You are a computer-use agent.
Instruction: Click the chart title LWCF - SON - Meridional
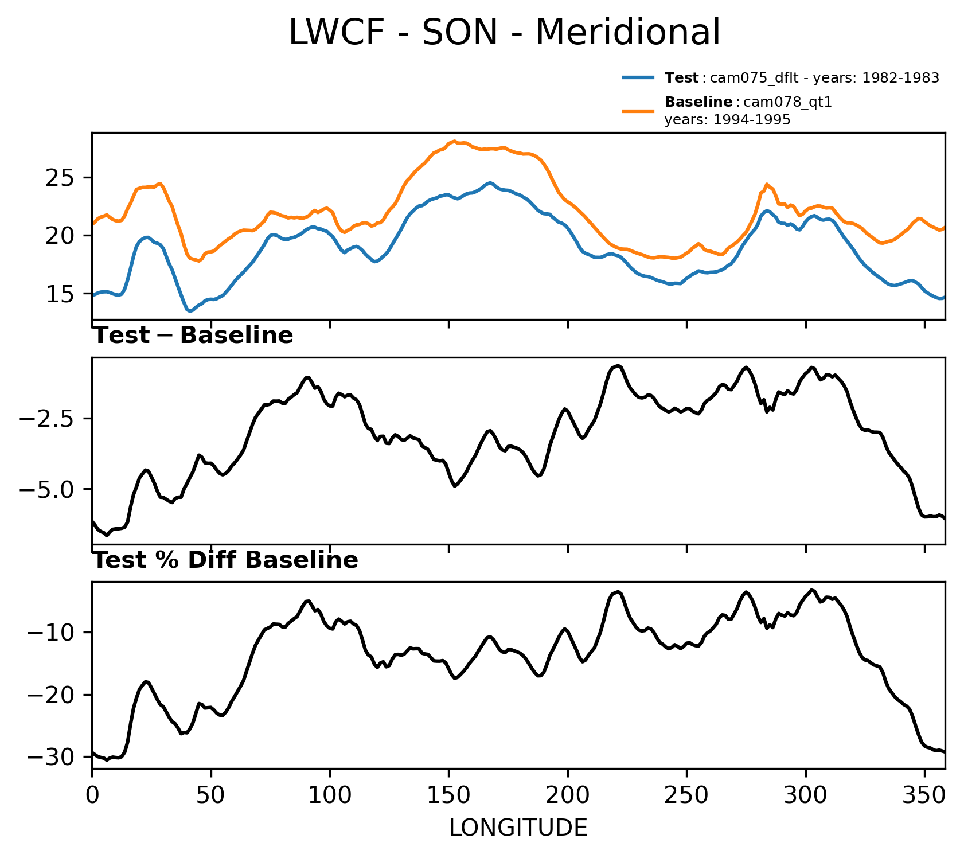504,33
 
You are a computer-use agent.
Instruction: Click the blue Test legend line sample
638,77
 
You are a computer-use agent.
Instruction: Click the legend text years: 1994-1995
727,120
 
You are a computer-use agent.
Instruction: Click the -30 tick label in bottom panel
54,757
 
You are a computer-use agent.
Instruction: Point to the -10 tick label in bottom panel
54,633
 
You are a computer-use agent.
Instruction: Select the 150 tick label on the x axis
448,795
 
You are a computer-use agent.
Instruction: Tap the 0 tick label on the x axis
92,795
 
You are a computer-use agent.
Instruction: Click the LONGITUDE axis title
518,828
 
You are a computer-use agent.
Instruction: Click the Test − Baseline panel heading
193,336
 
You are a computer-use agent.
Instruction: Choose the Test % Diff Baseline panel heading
225,560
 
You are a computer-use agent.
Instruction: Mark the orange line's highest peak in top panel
454,141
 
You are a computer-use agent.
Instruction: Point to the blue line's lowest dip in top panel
189,311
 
